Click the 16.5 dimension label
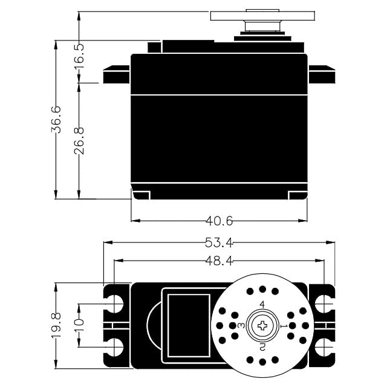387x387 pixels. pos(79,56)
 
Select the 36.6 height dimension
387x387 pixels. pos(56,119)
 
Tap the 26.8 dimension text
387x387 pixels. pos(79,140)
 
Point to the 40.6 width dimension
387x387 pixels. pos(219,221)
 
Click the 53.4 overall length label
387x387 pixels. pos(219,242)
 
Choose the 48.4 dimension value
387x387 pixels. pos(219,261)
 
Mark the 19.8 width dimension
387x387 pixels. pos(56,325)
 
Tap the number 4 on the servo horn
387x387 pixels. pos(262,304)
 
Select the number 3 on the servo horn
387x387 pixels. pos(241,325)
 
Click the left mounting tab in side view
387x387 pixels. pos(117,76)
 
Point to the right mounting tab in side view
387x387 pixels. pos(322,76)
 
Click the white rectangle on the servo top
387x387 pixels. pos(189,325)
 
